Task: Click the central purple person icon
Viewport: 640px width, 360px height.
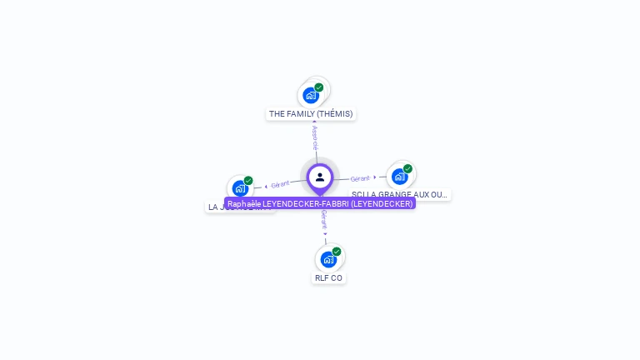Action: point(320,177)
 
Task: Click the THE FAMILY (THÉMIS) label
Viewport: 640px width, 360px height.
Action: point(311,113)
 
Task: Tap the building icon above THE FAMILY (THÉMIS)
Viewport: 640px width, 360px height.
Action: point(311,95)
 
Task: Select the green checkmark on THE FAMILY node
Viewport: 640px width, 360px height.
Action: point(319,87)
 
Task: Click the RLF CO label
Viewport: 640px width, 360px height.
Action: point(328,277)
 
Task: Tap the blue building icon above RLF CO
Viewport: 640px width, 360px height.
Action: point(328,259)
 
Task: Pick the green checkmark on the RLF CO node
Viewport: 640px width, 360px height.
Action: point(337,251)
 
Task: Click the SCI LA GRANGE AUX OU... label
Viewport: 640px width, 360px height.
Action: point(399,194)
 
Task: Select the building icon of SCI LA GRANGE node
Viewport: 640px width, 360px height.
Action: point(399,177)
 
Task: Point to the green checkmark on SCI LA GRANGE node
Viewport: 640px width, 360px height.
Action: point(407,168)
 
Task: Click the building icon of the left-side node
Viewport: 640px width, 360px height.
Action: point(240,188)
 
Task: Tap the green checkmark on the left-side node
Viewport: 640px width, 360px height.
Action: point(248,180)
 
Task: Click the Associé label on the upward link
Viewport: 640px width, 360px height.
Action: point(315,137)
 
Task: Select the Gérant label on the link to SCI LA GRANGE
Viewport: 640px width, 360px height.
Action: point(360,178)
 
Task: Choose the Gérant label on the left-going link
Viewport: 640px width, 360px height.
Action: point(280,184)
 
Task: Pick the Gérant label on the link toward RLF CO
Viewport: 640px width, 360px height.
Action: point(324,220)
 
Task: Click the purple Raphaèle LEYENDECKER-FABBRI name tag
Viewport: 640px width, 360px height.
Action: point(320,203)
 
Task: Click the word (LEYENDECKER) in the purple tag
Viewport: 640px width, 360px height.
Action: point(382,203)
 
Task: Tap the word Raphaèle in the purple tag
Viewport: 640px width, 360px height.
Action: point(243,203)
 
